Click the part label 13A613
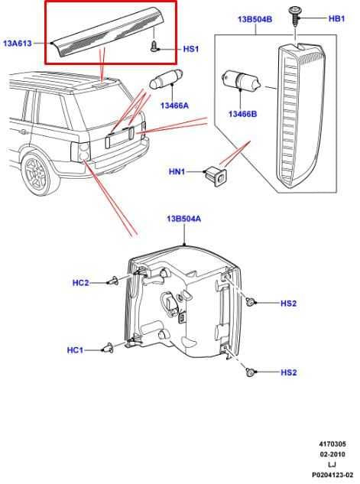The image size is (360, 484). coord(18,44)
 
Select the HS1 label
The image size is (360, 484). coord(191,49)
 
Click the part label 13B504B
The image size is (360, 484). coord(255,19)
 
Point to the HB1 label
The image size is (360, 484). coord(336,18)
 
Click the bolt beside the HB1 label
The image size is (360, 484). coord(294,15)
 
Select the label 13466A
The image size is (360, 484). coord(174,106)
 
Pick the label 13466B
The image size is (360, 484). coord(242,114)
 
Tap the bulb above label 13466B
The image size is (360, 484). coord(242,80)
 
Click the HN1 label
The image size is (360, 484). coord(177,171)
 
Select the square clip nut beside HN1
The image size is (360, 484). coord(216,177)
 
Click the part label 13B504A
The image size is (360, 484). coord(183,219)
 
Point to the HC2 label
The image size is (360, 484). coord(80,283)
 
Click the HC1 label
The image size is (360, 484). coord(75,350)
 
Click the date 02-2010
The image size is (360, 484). coord(332,454)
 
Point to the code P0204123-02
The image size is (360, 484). coord(332,475)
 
